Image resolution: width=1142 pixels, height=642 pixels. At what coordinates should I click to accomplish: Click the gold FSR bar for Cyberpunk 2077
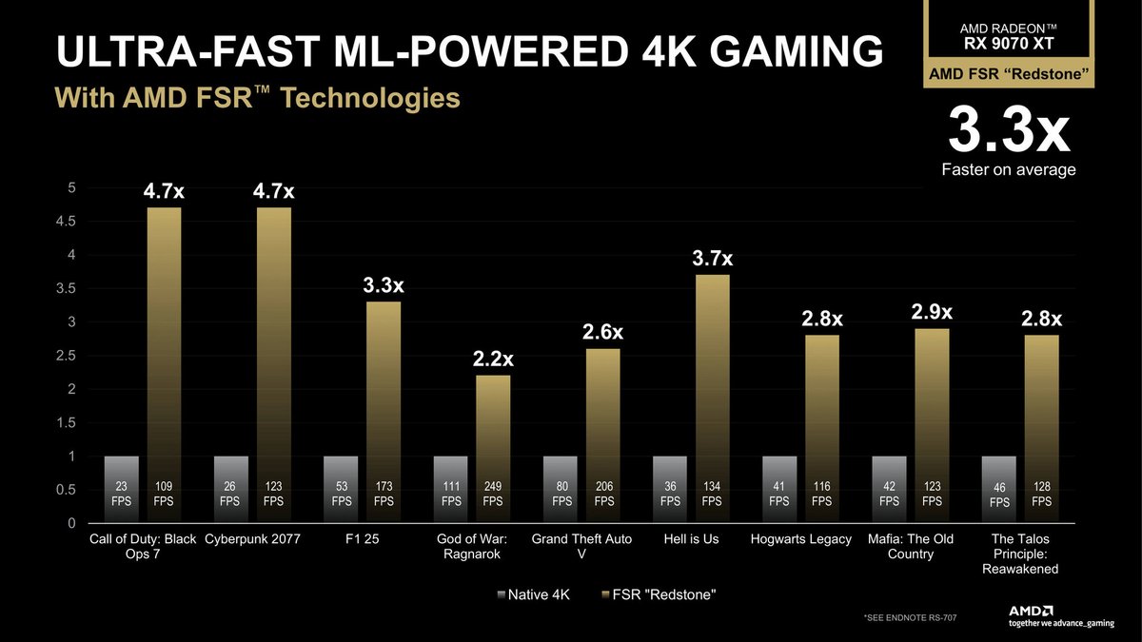(x=274, y=361)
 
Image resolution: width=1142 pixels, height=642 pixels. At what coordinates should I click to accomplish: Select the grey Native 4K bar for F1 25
(x=340, y=489)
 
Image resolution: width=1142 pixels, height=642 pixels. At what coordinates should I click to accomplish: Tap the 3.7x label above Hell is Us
(x=713, y=259)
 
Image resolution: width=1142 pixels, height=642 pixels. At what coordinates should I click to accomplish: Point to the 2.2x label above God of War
(x=493, y=360)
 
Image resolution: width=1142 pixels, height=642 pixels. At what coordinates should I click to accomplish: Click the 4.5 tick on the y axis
(x=69, y=222)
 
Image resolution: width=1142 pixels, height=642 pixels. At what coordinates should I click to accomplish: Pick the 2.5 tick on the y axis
(x=69, y=356)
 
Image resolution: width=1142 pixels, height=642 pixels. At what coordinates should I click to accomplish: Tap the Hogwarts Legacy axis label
(x=800, y=539)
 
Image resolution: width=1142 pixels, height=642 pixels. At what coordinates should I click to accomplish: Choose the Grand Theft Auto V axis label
(x=581, y=546)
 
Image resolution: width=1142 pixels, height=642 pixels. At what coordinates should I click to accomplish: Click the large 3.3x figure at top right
(x=1008, y=133)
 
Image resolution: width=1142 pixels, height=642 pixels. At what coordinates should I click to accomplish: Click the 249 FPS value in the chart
(x=493, y=494)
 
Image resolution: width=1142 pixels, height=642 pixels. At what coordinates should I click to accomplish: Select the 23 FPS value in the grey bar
(x=121, y=494)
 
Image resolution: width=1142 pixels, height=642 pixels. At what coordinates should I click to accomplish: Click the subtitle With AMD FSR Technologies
(x=257, y=99)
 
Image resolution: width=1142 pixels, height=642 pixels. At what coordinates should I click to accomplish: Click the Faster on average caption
(x=1009, y=170)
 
